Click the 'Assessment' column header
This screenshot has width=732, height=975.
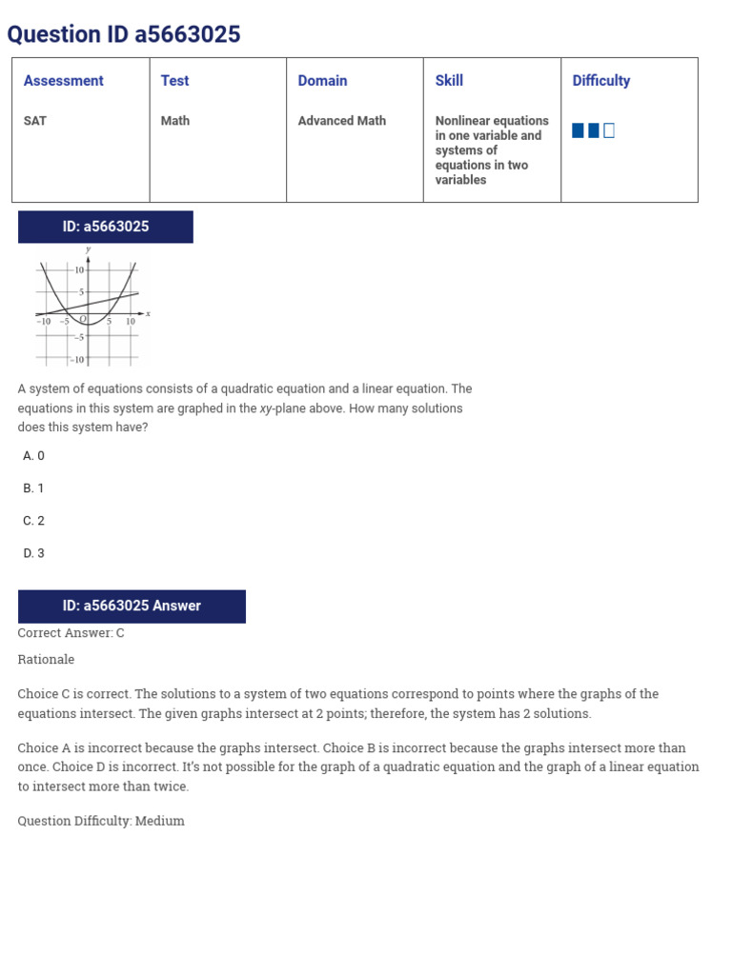(63, 81)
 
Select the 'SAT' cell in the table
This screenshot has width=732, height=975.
(35, 121)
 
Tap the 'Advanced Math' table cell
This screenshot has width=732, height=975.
(341, 121)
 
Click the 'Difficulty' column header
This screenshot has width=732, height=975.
(600, 81)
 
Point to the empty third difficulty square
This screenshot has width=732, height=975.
(609, 130)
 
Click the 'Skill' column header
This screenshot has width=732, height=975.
(449, 81)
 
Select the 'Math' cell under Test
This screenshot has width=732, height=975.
(175, 121)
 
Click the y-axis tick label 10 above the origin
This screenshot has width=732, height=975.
(80, 270)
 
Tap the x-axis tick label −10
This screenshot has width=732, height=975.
(44, 322)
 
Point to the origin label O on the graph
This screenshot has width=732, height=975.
(83, 319)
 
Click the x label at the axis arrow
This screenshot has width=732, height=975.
(148, 313)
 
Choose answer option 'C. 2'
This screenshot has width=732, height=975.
(33, 521)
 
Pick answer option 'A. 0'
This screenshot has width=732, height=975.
(33, 456)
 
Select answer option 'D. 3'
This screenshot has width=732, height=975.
(33, 553)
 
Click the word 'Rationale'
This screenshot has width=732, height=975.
(46, 660)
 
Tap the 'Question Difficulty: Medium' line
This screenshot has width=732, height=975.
(101, 821)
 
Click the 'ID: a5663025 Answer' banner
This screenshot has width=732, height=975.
(132, 606)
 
